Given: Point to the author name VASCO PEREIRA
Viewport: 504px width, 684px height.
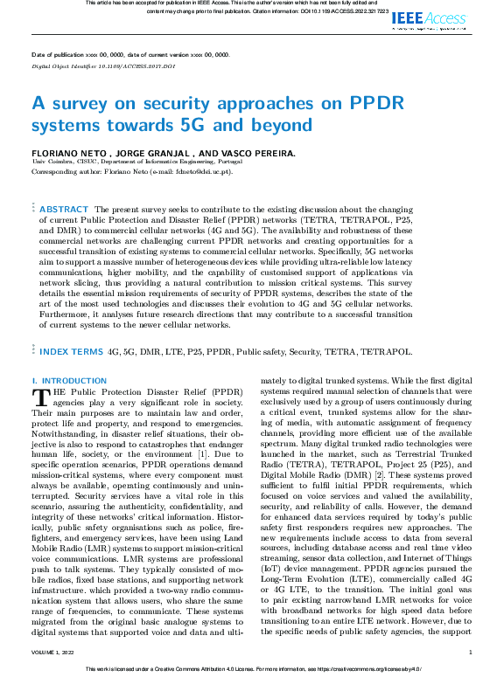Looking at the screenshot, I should click(257, 153).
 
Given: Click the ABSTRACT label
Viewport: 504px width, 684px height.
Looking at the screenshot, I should click(64, 210).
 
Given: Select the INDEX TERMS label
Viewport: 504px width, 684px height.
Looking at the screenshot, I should click(69, 351).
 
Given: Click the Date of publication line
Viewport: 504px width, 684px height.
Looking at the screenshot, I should click(130, 54).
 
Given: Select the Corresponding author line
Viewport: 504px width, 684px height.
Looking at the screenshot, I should click(131, 171).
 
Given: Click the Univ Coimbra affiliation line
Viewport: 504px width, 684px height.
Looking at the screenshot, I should click(132, 162).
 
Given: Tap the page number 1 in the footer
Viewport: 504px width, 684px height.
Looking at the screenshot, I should click(470, 653).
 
